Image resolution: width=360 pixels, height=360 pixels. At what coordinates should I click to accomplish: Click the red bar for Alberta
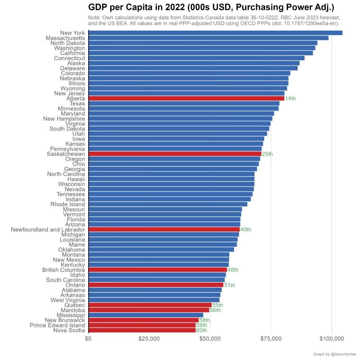[186, 98]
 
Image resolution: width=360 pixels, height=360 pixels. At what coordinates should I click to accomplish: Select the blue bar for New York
[216, 32]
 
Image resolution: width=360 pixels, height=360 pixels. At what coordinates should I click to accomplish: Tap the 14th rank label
[290, 99]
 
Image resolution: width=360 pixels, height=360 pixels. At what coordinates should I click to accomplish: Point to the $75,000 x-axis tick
[271, 338]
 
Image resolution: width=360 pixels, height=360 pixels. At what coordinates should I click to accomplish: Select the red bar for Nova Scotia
[142, 330]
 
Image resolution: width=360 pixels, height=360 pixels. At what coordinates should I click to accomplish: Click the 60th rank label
[201, 330]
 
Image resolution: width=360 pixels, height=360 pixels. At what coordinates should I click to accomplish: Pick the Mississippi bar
[146, 315]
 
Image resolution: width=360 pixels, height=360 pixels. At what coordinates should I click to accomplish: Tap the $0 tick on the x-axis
[89, 338]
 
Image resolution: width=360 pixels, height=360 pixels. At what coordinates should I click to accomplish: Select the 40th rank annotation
[246, 229]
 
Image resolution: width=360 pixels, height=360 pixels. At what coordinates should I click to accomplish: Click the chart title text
[211, 8]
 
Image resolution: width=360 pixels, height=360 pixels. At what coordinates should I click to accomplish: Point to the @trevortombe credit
[335, 354]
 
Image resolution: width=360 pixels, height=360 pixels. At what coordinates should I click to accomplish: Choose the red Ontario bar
[156, 285]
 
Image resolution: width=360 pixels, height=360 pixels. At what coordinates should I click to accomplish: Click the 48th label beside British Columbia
[233, 270]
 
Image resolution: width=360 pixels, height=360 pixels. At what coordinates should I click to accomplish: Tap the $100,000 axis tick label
[332, 338]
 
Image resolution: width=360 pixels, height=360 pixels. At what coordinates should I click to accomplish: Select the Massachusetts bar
[208, 38]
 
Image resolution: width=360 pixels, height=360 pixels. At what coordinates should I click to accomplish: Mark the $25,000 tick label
[149, 338]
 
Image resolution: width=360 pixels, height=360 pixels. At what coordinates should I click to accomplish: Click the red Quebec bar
[150, 305]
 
